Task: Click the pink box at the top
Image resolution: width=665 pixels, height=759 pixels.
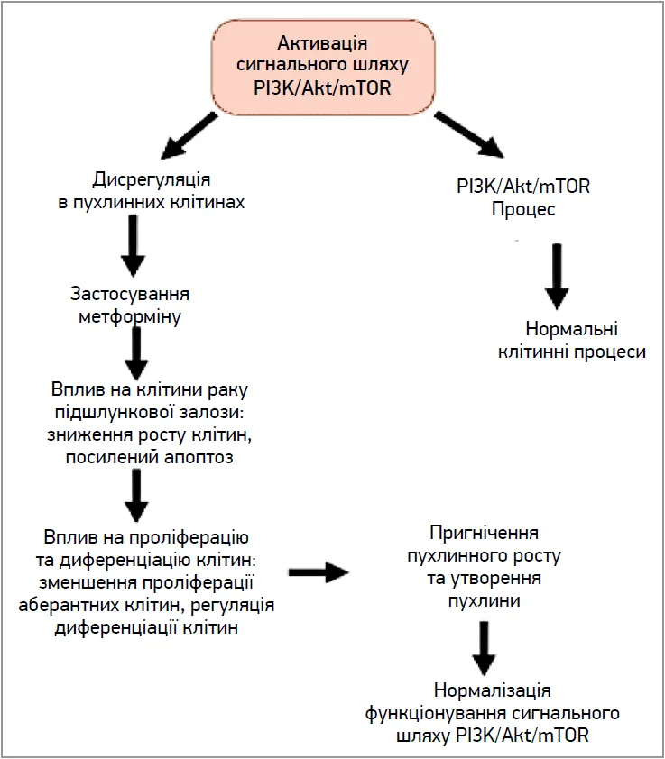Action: click(323, 67)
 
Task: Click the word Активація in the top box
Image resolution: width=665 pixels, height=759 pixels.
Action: click(322, 43)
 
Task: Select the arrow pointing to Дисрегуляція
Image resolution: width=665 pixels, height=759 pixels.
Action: click(189, 136)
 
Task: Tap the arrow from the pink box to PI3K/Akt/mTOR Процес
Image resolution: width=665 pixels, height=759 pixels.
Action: click(469, 134)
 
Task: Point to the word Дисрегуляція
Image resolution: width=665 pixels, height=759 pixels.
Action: click(152, 179)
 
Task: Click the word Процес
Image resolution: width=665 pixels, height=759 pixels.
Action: click(523, 209)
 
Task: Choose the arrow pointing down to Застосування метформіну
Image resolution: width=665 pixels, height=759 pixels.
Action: click(133, 246)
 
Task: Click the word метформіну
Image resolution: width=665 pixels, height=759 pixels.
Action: click(129, 317)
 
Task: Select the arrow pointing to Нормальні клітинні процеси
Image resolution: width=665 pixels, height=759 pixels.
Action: click(557, 277)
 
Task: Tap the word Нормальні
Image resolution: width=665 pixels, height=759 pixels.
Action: click(571, 329)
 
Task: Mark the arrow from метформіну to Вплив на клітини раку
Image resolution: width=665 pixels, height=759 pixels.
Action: click(136, 353)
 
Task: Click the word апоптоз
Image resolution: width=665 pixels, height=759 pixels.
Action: click(199, 457)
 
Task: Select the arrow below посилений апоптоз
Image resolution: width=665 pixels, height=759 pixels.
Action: click(136, 496)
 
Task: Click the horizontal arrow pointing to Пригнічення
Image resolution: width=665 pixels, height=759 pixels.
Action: click(319, 572)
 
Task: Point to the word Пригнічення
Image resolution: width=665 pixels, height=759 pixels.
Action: click(484, 533)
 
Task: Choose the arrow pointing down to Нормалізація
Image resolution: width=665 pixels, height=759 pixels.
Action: click(484, 648)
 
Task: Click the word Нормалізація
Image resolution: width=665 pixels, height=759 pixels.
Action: click(493, 690)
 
